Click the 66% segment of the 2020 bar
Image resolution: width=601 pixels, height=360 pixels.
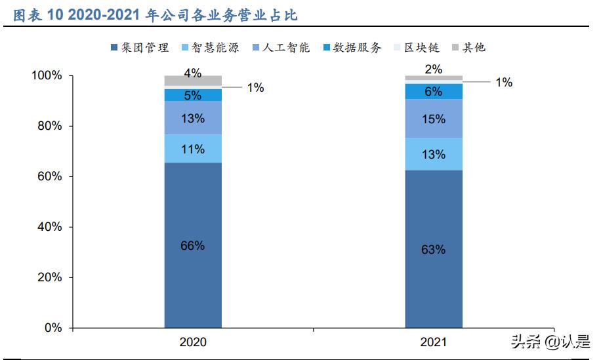pyautogui.click(x=193, y=245)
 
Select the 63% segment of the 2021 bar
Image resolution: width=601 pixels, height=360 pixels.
pyautogui.click(x=434, y=249)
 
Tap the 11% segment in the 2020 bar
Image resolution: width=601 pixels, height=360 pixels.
pyautogui.click(x=193, y=149)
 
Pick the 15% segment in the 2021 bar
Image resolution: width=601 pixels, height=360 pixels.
pyautogui.click(x=434, y=119)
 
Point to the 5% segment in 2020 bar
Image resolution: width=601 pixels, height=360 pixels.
pyautogui.click(x=193, y=95)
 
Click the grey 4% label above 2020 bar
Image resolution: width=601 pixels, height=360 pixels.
pyautogui.click(x=192, y=73)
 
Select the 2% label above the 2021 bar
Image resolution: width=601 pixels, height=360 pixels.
pyautogui.click(x=433, y=69)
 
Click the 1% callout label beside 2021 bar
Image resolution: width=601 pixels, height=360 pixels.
pyautogui.click(x=503, y=83)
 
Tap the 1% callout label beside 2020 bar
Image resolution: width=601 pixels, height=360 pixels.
pyautogui.click(x=255, y=87)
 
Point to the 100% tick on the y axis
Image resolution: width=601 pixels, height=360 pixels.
pyautogui.click(x=47, y=76)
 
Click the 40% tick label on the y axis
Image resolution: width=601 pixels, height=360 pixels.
pyautogui.click(x=47, y=227)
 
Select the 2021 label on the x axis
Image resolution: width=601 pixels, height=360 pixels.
pyautogui.click(x=433, y=342)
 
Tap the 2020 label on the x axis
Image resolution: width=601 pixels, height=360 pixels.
pyautogui.click(x=193, y=342)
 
